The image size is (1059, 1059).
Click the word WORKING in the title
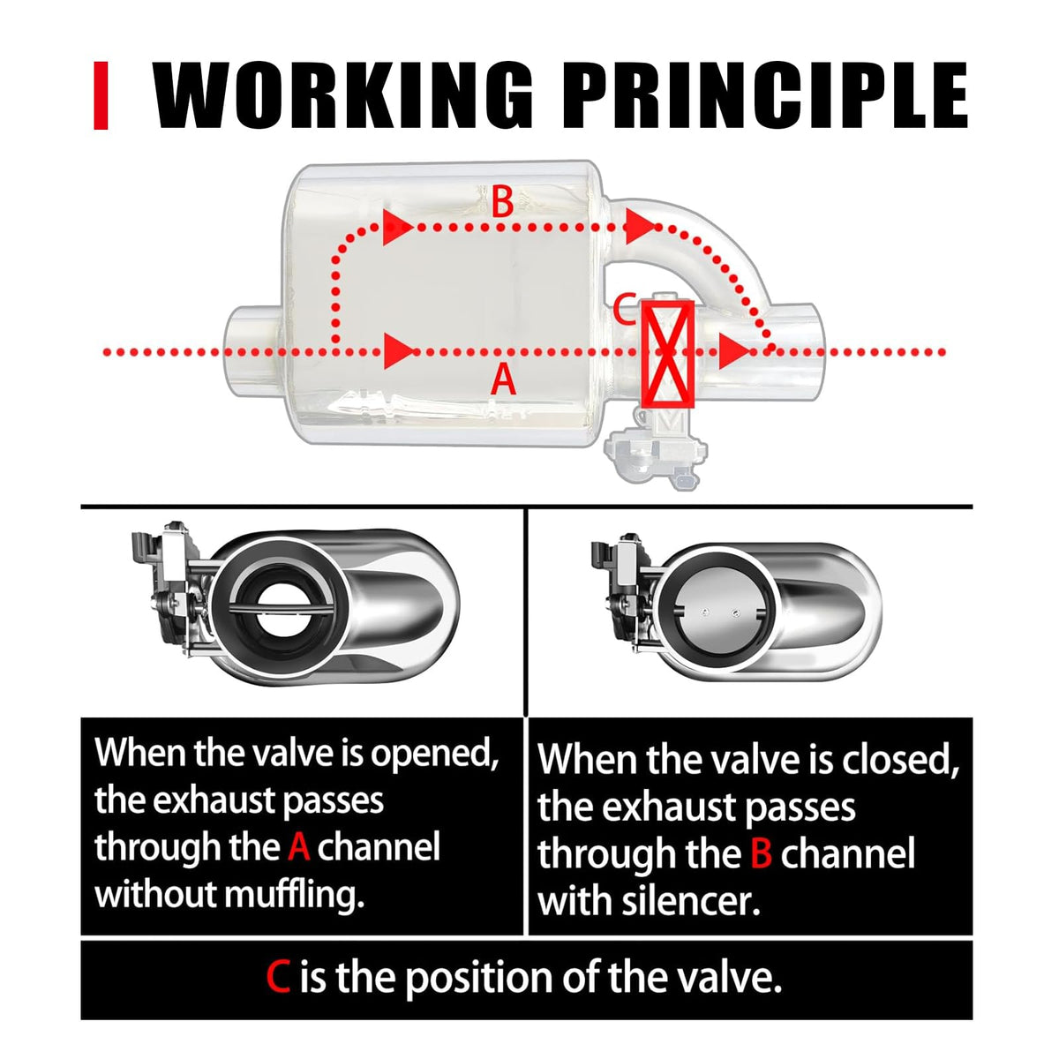(x=342, y=95)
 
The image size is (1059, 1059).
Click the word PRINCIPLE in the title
(x=764, y=95)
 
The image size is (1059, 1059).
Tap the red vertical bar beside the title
(x=101, y=95)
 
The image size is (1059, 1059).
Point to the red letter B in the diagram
(x=502, y=202)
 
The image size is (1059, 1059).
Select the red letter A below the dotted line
(x=503, y=380)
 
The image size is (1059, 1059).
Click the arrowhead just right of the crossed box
(x=733, y=351)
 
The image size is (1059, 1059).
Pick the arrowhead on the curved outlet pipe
(x=639, y=226)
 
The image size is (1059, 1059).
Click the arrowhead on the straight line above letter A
(x=398, y=350)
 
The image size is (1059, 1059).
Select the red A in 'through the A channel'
(x=298, y=847)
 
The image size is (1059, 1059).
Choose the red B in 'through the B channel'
(x=761, y=853)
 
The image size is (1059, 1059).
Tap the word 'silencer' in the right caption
(x=690, y=902)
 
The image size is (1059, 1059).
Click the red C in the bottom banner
(x=277, y=977)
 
